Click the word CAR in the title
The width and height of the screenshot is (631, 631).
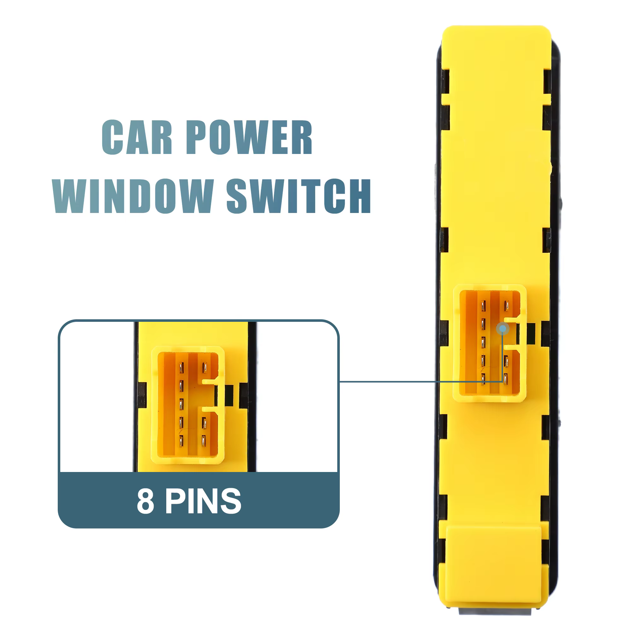137,137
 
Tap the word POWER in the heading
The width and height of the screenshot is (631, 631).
250,137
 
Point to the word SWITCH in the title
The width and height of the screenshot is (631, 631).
299,196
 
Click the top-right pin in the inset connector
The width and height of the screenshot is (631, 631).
204,368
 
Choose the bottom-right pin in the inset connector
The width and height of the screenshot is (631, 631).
204,441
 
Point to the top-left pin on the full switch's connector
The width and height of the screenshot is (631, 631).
483,306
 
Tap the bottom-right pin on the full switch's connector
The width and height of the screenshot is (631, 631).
505,379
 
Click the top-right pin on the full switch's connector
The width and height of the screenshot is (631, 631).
507,306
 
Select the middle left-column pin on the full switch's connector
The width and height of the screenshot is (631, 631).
483,342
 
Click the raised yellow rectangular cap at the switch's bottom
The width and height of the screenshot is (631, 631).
493,567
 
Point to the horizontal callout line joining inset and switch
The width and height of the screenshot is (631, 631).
421,381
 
